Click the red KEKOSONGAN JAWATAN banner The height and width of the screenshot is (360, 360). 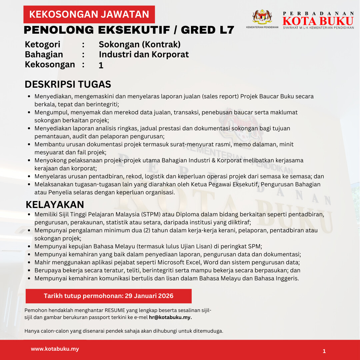89,14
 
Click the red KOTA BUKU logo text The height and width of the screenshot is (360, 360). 318,21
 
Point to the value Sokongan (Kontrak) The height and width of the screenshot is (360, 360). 139,44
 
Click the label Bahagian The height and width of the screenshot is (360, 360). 44,54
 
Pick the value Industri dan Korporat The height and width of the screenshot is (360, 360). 144,54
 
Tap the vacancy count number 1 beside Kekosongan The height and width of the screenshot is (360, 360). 101,66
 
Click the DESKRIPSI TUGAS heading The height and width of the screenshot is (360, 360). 68,84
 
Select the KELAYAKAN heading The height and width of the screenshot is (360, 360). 55,204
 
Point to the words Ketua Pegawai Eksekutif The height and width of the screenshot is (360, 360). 230,184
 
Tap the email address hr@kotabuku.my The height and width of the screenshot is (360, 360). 170,317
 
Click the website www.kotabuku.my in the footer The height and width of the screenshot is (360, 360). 55,349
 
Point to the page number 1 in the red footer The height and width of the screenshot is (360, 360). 324,351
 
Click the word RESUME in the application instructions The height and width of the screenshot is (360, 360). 114,310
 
